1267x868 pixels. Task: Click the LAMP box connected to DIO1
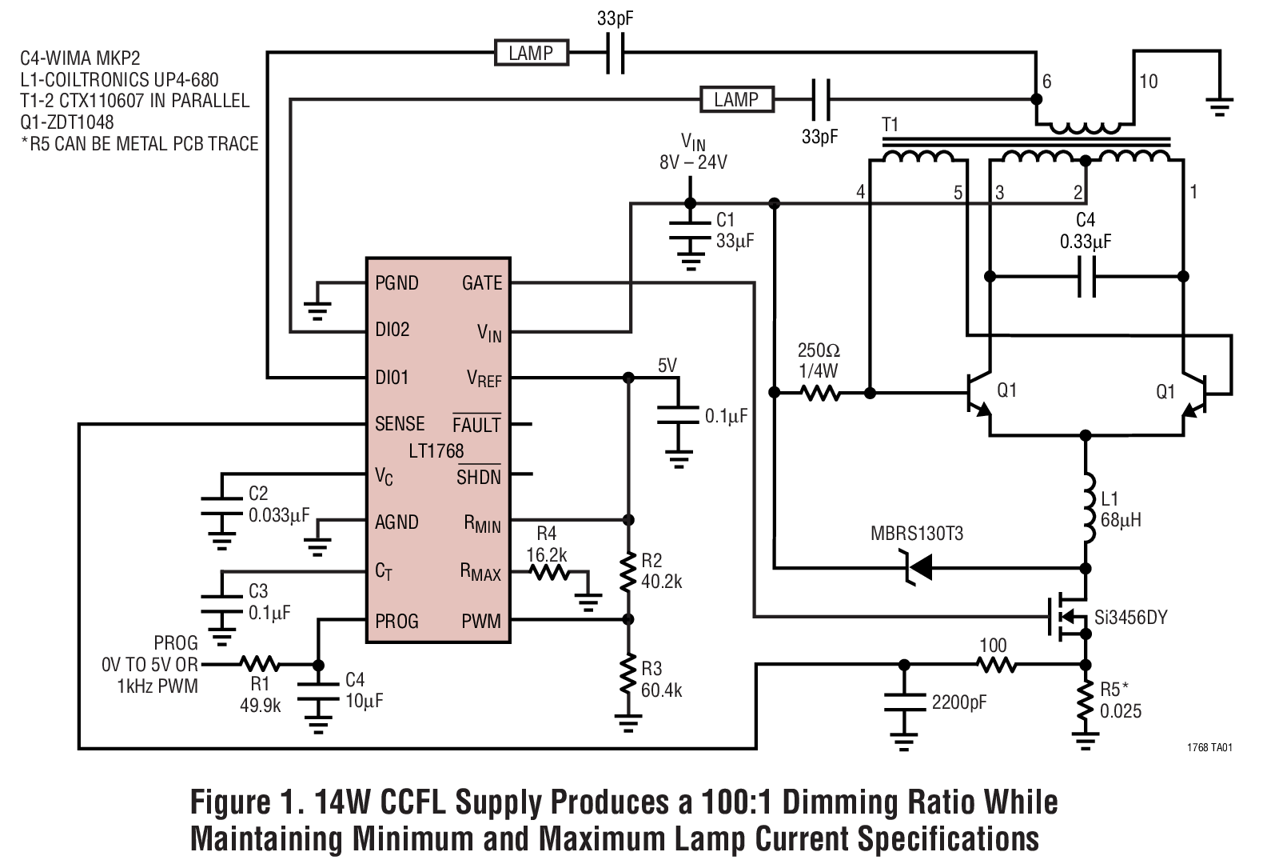coord(531,53)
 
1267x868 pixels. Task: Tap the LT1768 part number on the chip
coord(436,450)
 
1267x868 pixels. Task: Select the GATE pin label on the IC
coord(482,282)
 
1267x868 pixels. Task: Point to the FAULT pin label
coord(476,425)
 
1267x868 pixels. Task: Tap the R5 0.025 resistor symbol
coord(1086,702)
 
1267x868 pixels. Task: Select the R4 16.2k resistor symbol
coord(548,572)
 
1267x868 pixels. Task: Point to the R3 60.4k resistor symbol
coord(628,678)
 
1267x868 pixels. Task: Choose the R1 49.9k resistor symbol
coord(260,664)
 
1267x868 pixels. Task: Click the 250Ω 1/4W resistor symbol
coord(819,393)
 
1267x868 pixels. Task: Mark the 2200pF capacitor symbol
coord(904,702)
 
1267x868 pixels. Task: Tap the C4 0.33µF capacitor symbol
coord(1086,277)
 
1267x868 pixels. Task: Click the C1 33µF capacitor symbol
coord(690,231)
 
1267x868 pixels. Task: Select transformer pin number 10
coord(1148,82)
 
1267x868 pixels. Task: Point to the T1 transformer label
coord(890,125)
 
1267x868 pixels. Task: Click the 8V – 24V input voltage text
coord(693,162)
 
